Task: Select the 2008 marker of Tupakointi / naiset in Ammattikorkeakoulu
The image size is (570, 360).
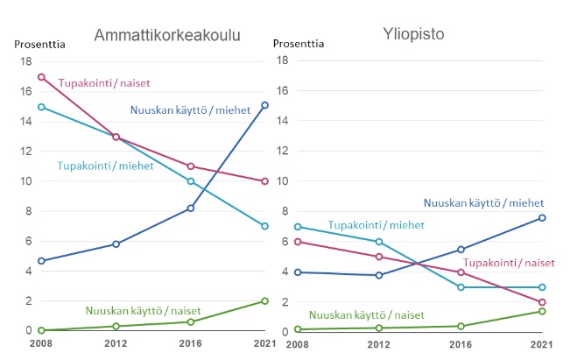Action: tap(41, 77)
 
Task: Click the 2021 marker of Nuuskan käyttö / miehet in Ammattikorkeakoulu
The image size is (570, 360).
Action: tap(265, 105)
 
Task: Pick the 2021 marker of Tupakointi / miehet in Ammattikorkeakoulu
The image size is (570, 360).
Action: tap(265, 226)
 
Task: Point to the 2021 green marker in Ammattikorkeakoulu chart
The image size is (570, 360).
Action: tap(265, 300)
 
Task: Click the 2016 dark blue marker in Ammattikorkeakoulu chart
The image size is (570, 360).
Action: tap(191, 208)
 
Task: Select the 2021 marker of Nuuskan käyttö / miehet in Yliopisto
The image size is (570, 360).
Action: tap(543, 217)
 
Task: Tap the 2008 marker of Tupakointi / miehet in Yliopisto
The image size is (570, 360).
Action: tap(298, 227)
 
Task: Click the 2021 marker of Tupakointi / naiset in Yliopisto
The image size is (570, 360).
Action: tap(543, 302)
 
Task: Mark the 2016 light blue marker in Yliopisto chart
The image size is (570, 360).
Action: tap(461, 286)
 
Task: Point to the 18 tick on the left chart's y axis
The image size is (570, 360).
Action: tap(26, 61)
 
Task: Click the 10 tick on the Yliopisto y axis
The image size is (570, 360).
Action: tap(283, 181)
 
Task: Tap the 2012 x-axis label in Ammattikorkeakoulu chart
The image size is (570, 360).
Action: tap(116, 346)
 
